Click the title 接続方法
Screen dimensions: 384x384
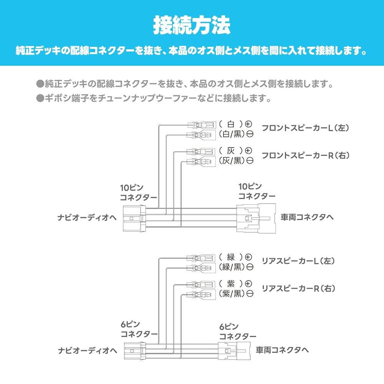pyautogui.click(x=192, y=25)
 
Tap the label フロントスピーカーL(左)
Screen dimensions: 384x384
pyautogui.click(x=306, y=128)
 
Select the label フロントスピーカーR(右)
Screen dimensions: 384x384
pyautogui.click(x=306, y=155)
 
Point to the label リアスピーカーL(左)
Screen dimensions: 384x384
pyautogui.click(x=298, y=261)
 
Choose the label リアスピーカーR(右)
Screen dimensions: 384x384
pyautogui.click(x=298, y=288)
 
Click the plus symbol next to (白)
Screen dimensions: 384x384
pyautogui.click(x=248, y=124)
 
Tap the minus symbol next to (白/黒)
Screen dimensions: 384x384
pyautogui.click(x=250, y=134)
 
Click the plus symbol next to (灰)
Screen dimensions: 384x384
pyautogui.click(x=248, y=151)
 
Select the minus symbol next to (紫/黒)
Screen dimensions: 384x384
pyautogui.click(x=250, y=293)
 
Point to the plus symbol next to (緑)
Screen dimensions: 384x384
pyautogui.click(x=248, y=257)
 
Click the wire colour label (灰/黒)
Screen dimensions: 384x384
pyautogui.click(x=232, y=161)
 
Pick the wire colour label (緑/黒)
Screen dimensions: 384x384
pyautogui.click(x=232, y=267)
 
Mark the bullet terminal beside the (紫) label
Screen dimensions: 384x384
pyautogui.click(x=201, y=285)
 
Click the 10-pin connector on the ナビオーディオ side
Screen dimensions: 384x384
pyautogui.click(x=134, y=219)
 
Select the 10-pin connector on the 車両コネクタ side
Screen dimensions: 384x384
pyautogui.click(x=256, y=218)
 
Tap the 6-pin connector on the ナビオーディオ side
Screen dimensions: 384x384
pyautogui.click(x=135, y=351)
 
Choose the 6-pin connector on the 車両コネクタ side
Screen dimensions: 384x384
pyautogui.click(x=234, y=351)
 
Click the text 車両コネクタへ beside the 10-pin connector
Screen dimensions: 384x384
pyautogui.click(x=307, y=217)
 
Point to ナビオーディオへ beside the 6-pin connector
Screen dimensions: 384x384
pyautogui.click(x=88, y=351)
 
